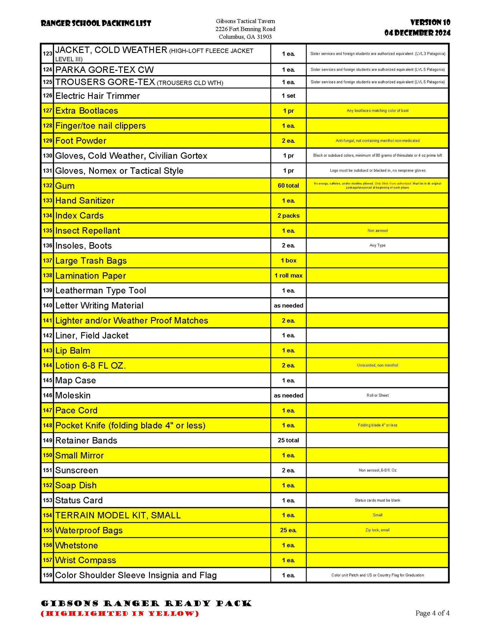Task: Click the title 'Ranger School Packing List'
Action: click(96, 23)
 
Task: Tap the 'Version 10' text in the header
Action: click(430, 22)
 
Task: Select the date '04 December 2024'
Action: click(417, 33)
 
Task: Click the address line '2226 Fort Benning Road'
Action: click(245, 29)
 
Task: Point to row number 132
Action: click(47, 185)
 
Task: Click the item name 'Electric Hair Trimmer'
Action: click(98, 96)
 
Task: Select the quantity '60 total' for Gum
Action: click(288, 185)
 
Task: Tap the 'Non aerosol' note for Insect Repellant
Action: click(377, 231)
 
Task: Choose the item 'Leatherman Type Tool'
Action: click(101, 291)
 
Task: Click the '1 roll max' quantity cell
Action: click(288, 276)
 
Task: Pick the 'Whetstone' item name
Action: click(77, 545)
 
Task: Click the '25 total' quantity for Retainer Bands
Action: click(288, 440)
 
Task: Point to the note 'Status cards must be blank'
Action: click(377, 500)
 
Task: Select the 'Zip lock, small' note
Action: click(377, 530)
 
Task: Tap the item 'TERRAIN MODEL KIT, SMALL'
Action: click(118, 515)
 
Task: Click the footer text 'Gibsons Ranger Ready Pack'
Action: click(146, 604)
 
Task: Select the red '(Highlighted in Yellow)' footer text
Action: click(120, 613)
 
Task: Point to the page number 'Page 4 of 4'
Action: click(432, 613)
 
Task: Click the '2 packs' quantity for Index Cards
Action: click(288, 216)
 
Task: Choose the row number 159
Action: click(47, 575)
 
